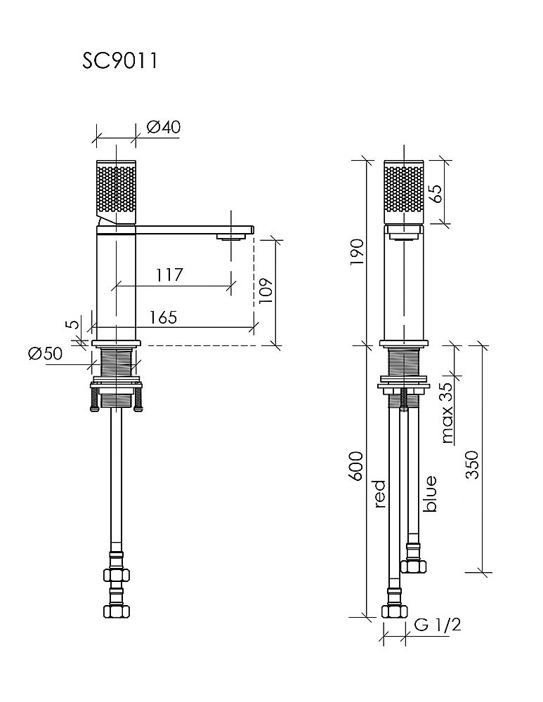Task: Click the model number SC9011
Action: tap(119, 61)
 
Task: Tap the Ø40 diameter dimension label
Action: tap(164, 127)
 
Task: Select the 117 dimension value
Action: tap(169, 274)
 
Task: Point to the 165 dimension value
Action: tap(163, 317)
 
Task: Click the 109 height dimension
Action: tap(265, 291)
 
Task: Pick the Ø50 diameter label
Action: tap(45, 354)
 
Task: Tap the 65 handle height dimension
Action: tap(435, 193)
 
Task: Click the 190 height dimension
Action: tap(358, 252)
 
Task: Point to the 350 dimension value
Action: tap(472, 465)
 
